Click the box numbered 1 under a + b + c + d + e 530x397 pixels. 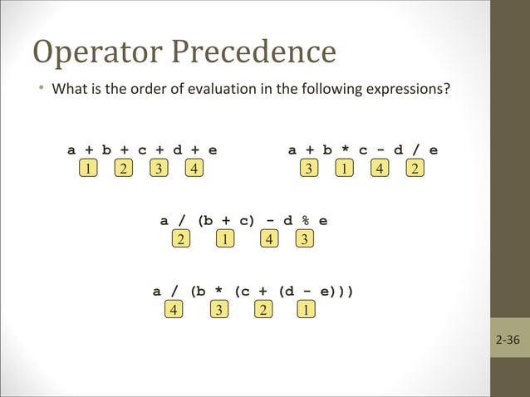pos(88,169)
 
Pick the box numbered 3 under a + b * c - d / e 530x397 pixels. pos(309,169)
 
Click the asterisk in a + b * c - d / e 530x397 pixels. pos(345,150)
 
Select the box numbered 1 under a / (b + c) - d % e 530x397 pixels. pos(224,240)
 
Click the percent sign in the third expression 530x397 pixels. pos(306,221)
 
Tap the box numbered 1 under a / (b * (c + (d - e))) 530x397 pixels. pos(307,310)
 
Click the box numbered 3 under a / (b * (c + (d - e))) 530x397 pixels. pos(218,310)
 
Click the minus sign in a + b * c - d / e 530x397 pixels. pos(380,150)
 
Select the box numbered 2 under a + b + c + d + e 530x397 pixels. pos(123,169)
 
